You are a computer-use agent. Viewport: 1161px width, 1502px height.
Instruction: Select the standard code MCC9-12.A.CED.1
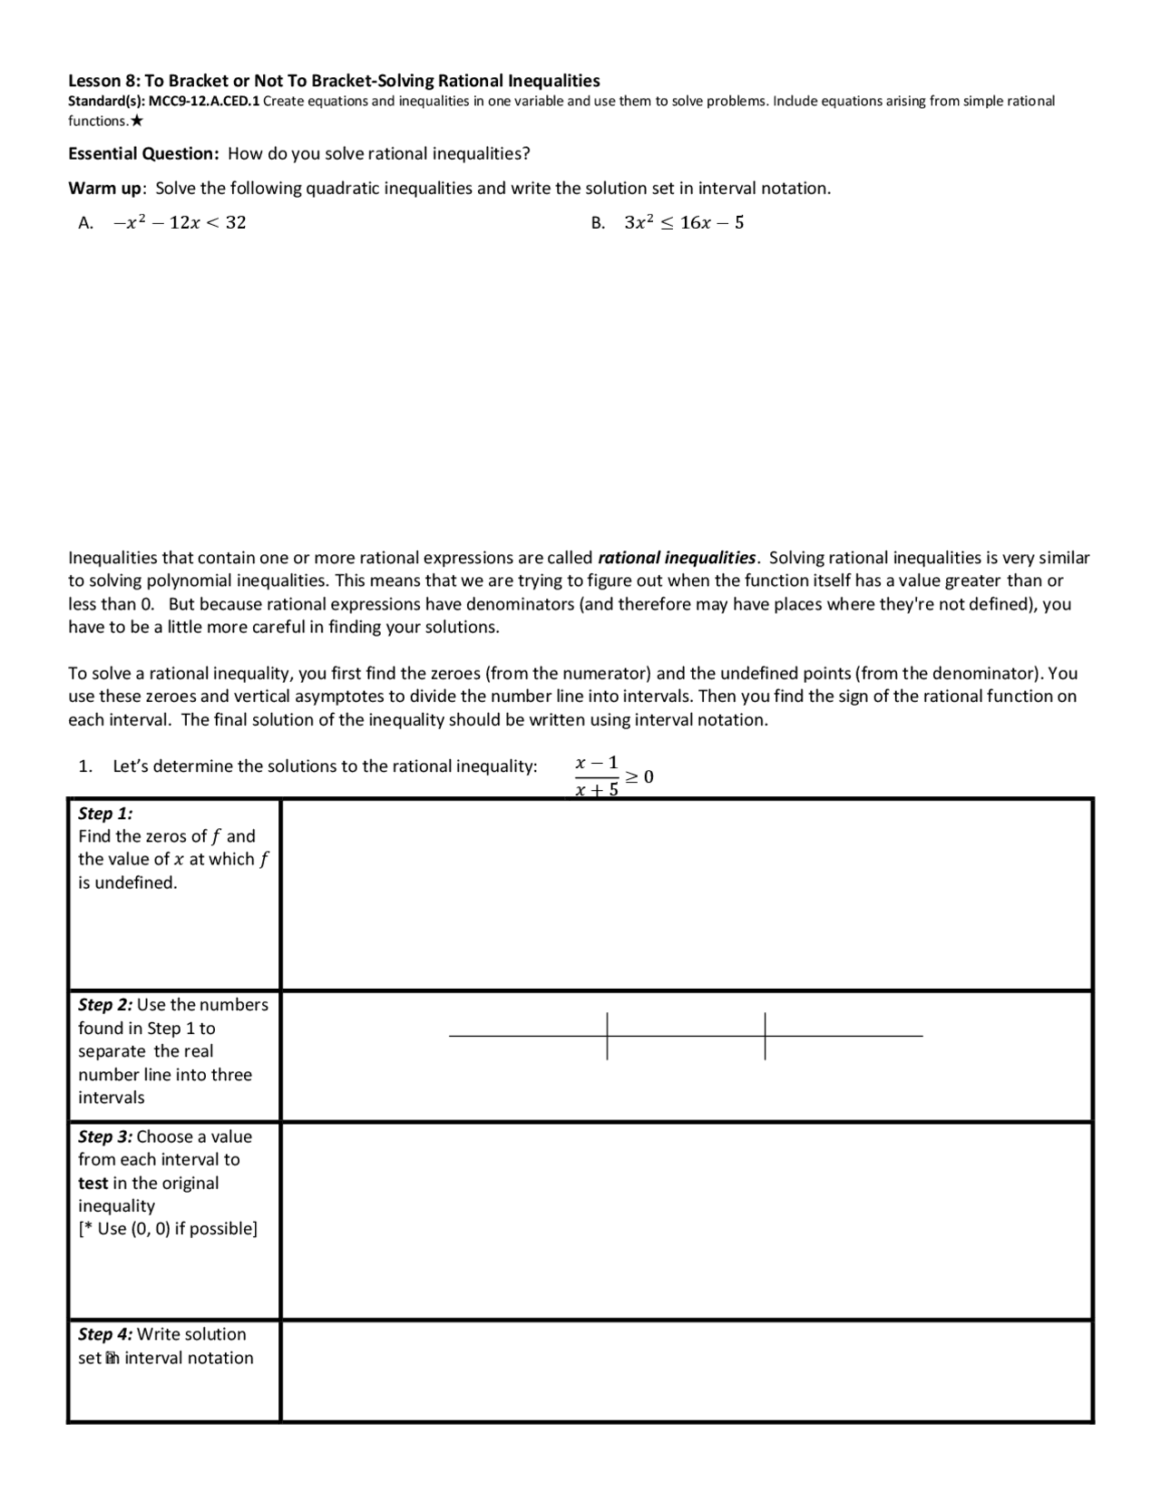pyautogui.click(x=204, y=102)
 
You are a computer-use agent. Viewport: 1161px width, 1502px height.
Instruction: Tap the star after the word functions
pyautogui.click(x=137, y=121)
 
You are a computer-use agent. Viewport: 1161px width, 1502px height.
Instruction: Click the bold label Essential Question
pyautogui.click(x=143, y=153)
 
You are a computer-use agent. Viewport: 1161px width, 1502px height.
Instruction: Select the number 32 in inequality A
pyautogui.click(x=235, y=223)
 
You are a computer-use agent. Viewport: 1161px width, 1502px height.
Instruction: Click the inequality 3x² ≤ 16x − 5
pyautogui.click(x=684, y=223)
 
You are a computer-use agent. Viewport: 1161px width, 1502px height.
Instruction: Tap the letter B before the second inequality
pyautogui.click(x=597, y=223)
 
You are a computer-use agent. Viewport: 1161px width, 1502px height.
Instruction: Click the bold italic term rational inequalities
pyautogui.click(x=677, y=558)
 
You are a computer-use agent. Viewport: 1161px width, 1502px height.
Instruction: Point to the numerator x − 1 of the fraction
pyautogui.click(x=597, y=763)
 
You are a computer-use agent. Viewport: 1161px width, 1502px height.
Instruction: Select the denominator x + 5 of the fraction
pyautogui.click(x=597, y=790)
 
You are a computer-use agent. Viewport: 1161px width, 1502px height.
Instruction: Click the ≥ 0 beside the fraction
pyautogui.click(x=639, y=777)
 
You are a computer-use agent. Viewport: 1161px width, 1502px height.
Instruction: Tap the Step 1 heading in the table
pyautogui.click(x=105, y=814)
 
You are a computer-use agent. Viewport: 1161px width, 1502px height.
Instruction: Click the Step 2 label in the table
pyautogui.click(x=105, y=1005)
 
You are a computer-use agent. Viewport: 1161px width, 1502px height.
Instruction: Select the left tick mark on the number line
pyautogui.click(x=608, y=1036)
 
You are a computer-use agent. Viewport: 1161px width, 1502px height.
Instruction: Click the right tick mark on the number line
pyautogui.click(x=765, y=1036)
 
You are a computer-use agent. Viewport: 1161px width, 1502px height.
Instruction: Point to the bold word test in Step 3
pyautogui.click(x=93, y=1184)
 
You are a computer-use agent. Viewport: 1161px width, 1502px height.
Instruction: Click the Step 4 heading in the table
pyautogui.click(x=105, y=1334)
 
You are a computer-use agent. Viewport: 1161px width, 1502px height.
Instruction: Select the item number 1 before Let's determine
pyautogui.click(x=84, y=766)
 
